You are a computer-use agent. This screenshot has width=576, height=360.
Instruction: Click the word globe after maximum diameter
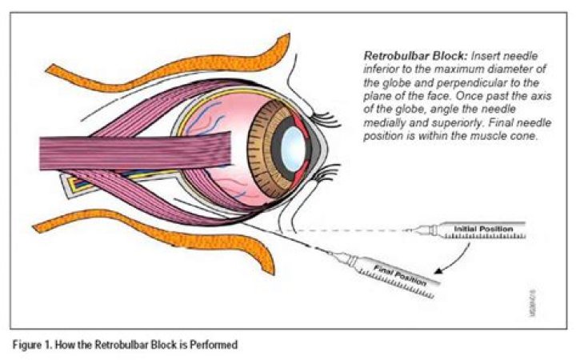coord(375,82)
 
